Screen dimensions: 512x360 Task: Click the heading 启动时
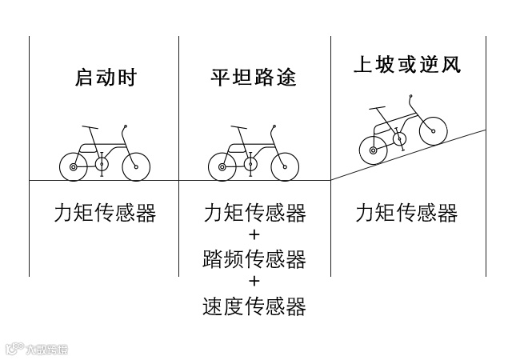(x=106, y=78)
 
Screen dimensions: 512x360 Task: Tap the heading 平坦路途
(x=254, y=78)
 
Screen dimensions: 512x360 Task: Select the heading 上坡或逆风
(x=407, y=65)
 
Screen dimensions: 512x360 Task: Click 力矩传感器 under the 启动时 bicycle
(x=105, y=213)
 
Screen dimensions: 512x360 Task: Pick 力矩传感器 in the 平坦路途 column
(x=254, y=213)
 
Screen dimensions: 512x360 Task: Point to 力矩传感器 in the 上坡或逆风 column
(x=406, y=213)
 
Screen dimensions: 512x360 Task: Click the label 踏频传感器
(x=254, y=259)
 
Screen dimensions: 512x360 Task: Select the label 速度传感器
(x=254, y=306)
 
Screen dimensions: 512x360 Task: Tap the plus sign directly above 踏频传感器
(x=254, y=236)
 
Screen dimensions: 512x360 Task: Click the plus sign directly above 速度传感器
(x=254, y=282)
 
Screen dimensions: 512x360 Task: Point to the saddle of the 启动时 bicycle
(x=88, y=126)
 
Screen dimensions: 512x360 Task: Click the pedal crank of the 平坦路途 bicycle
(x=250, y=165)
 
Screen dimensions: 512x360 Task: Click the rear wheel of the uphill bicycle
(x=371, y=147)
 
